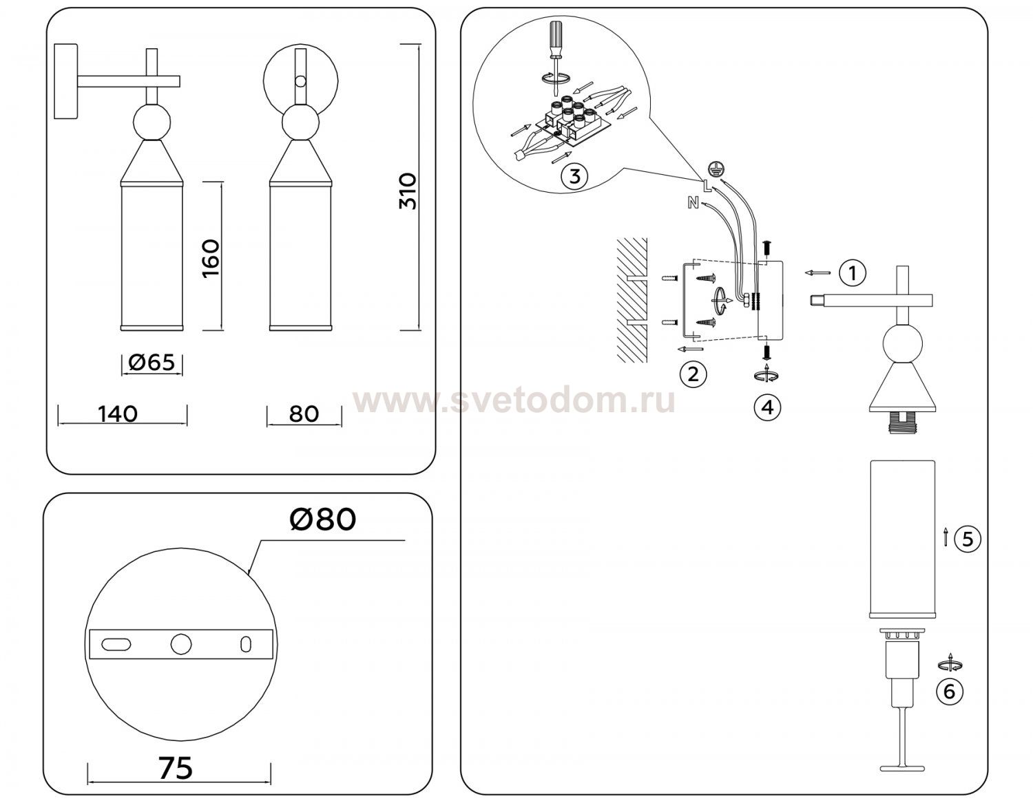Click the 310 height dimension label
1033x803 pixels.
(x=408, y=191)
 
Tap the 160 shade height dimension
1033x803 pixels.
(x=211, y=259)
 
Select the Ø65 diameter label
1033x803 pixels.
(x=152, y=363)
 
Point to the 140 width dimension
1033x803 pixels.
(x=118, y=414)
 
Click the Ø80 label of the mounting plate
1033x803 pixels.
(x=322, y=520)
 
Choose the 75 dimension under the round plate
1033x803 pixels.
(x=176, y=769)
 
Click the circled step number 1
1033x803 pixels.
(x=853, y=273)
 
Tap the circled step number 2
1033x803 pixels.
(x=693, y=374)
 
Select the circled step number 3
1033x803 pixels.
(x=574, y=176)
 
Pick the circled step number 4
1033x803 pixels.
(x=767, y=407)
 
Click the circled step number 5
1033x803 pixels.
(x=968, y=539)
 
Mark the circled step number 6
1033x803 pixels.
(x=950, y=692)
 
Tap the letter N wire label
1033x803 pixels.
(x=693, y=204)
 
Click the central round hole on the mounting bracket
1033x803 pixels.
(x=181, y=644)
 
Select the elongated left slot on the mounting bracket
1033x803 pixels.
(x=116, y=644)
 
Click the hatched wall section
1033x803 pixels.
(x=632, y=300)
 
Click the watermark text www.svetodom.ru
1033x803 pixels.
(x=514, y=401)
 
